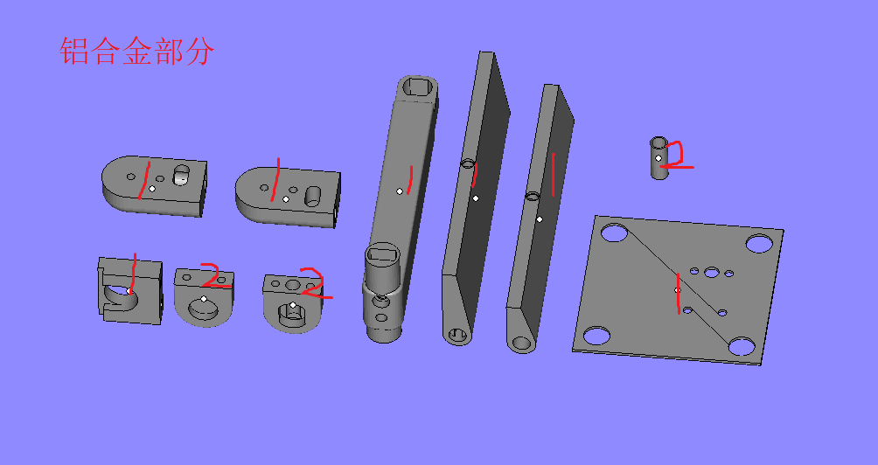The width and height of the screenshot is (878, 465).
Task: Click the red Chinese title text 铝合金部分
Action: (x=136, y=52)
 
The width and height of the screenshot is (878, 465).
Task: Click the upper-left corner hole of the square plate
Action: (x=615, y=233)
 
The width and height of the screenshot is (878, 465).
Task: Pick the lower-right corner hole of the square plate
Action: (x=741, y=347)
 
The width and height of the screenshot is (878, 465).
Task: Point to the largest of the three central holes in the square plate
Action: (x=713, y=271)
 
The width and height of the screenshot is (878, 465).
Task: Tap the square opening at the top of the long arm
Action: (x=418, y=86)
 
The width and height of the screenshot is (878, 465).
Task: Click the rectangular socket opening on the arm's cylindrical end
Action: (x=380, y=254)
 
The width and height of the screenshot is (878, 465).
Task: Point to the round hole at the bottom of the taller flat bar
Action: (x=457, y=334)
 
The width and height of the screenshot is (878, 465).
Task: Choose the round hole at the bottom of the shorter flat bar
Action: (x=523, y=343)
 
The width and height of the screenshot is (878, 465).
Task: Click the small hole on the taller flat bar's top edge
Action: (x=467, y=163)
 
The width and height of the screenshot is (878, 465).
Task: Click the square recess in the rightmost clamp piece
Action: (x=290, y=310)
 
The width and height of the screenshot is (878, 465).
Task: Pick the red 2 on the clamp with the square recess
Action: (x=313, y=284)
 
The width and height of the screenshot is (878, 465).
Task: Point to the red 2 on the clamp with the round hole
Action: (x=214, y=275)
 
